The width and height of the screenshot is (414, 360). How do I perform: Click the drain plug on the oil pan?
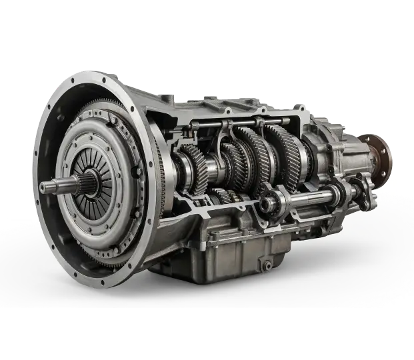[266, 265]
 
